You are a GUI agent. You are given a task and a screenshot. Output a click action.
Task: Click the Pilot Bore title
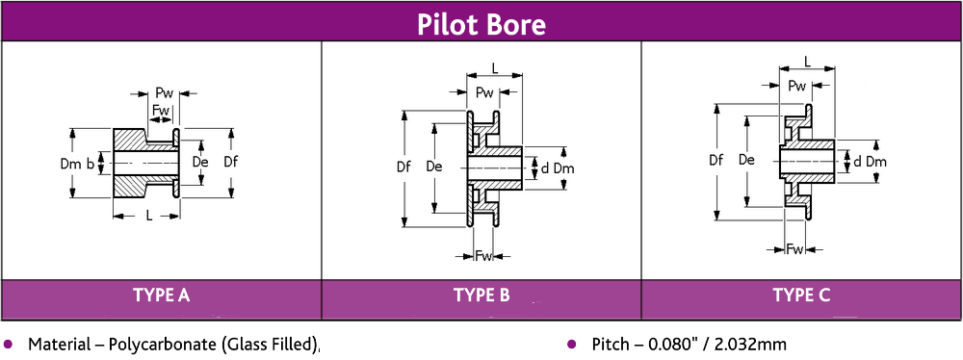pyautogui.click(x=481, y=23)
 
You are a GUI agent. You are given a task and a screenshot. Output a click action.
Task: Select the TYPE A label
pyautogui.click(x=161, y=296)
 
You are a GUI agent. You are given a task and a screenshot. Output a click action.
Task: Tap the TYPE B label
pyautogui.click(x=481, y=296)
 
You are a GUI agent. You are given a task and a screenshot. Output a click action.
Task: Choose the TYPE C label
pyautogui.click(x=800, y=296)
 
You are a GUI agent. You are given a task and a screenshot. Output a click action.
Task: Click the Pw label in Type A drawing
pyautogui.click(x=164, y=92)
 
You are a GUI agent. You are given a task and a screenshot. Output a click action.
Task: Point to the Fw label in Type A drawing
pyautogui.click(x=162, y=110)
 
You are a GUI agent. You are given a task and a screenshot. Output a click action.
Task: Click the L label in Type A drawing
pyautogui.click(x=149, y=216)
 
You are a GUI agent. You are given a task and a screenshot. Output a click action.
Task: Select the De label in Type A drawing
pyautogui.click(x=200, y=162)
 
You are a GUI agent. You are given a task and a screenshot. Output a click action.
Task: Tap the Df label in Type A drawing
pyautogui.click(x=231, y=162)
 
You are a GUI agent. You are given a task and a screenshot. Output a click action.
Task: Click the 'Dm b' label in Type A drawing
pyautogui.click(x=77, y=165)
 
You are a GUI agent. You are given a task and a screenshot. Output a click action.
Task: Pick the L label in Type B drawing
pyautogui.click(x=494, y=68)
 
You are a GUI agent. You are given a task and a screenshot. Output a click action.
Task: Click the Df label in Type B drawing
pyautogui.click(x=403, y=167)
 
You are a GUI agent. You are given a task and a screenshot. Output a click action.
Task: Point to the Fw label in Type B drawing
pyautogui.click(x=484, y=255)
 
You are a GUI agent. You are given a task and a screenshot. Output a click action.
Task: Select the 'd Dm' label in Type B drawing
pyautogui.click(x=558, y=168)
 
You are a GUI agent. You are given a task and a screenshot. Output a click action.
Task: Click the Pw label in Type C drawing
pyautogui.click(x=796, y=86)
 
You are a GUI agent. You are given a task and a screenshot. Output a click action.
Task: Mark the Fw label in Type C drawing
pyautogui.click(x=795, y=249)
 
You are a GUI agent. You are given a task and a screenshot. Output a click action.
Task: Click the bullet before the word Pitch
pyautogui.click(x=570, y=344)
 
